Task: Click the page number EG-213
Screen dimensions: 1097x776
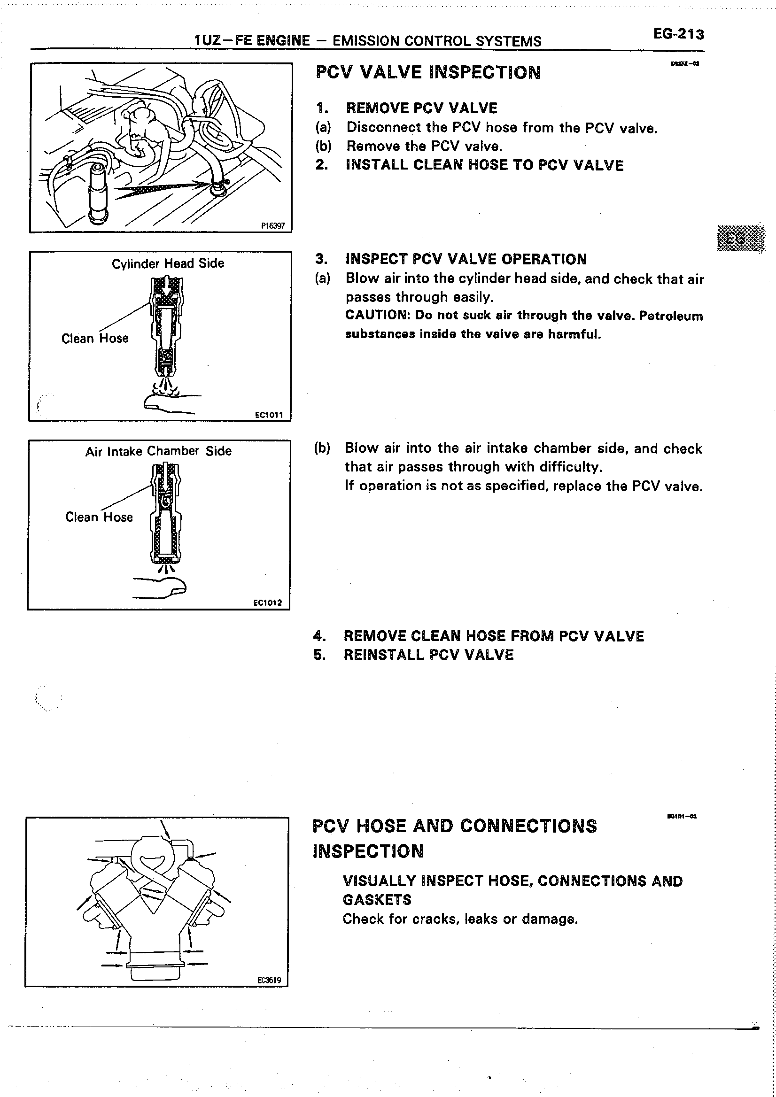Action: point(678,34)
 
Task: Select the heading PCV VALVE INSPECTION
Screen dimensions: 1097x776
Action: point(428,73)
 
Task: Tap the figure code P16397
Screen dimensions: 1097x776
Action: point(273,226)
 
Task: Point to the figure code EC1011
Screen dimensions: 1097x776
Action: point(269,415)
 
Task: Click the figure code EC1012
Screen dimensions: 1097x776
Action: point(268,603)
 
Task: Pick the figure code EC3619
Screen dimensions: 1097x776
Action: point(269,980)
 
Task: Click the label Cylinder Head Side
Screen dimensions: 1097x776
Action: point(168,263)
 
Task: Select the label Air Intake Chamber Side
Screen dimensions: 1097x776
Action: point(158,451)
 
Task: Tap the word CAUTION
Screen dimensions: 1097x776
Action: point(378,315)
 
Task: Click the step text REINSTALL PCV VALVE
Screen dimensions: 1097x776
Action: point(428,655)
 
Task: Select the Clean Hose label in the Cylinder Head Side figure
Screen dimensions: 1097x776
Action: point(95,338)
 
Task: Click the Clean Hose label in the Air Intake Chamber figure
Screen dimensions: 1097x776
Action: point(99,517)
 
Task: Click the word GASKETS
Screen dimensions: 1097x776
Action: point(377,900)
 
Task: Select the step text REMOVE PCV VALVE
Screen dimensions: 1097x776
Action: point(421,108)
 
